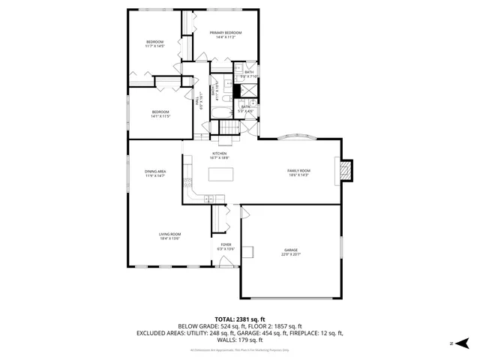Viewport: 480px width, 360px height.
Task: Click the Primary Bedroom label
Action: click(226, 34)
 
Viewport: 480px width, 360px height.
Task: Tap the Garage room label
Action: click(291, 250)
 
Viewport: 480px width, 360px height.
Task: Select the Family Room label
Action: click(298, 170)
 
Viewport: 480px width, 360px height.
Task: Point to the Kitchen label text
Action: click(218, 154)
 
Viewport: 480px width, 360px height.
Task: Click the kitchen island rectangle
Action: click(221, 175)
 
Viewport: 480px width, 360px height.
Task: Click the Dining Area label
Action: click(155, 172)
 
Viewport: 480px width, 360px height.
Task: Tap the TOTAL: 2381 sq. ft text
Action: click(239, 319)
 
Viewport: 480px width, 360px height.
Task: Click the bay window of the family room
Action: click(300, 137)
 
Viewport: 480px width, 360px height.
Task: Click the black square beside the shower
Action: click(235, 91)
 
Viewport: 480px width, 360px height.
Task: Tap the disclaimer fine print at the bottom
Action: click(239, 350)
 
